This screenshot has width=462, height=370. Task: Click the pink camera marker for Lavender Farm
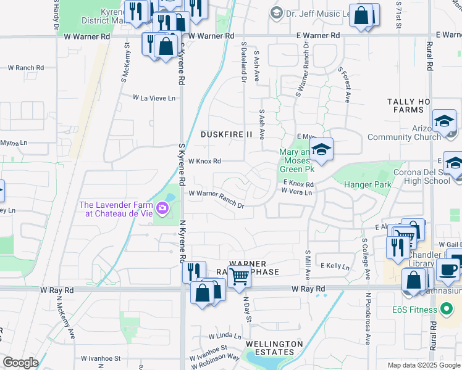pos(162,208)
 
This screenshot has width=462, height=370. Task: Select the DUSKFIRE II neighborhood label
pos(227,134)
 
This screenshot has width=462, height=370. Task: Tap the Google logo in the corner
pos(20,363)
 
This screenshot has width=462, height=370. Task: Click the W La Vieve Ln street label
pos(154,97)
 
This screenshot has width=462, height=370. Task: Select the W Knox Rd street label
pos(204,162)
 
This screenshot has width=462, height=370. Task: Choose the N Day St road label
pos(247,309)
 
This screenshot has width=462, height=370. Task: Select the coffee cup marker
pos(448,269)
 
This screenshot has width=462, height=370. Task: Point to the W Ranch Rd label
pos(25,68)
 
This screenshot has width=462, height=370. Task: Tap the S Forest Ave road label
pos(343,84)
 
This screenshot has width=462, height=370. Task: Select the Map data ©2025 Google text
pos(424,365)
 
